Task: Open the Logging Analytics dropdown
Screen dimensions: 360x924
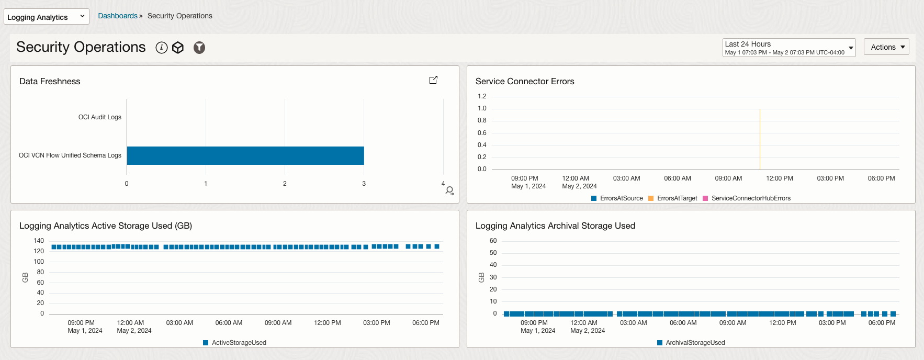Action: [46, 17]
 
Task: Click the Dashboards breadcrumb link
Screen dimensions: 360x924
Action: [118, 16]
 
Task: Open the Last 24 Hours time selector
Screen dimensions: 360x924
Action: [788, 48]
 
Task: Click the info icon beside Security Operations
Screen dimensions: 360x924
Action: [162, 48]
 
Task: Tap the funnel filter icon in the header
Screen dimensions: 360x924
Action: [199, 48]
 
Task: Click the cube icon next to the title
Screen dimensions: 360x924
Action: [178, 48]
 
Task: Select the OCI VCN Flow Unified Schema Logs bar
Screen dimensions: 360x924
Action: [245, 155]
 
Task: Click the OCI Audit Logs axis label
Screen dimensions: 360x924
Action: [99, 117]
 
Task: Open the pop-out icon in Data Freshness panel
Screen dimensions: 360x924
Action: [433, 80]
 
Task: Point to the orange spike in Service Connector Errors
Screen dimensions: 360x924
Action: [760, 139]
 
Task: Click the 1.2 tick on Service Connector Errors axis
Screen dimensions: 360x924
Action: [482, 96]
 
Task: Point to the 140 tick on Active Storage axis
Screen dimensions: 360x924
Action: [39, 241]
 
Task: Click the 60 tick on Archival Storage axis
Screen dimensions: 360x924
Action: [493, 241]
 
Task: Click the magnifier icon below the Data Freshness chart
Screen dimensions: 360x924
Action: [449, 190]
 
